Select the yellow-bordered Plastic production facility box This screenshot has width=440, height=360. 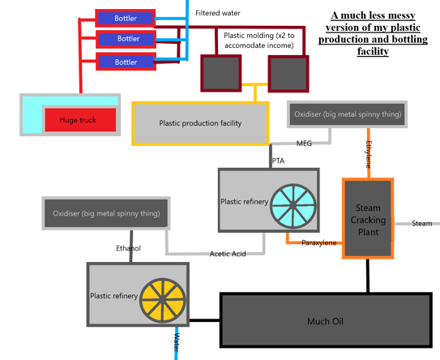point(200,123)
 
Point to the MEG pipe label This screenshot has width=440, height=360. point(304,144)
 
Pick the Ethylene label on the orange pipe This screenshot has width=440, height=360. point(369,154)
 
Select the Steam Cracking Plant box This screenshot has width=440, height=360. point(369,220)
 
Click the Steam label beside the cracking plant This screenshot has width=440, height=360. point(421,224)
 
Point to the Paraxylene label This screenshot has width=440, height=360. point(318,242)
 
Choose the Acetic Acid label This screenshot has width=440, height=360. point(227,254)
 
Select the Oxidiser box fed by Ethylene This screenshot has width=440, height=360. point(347,114)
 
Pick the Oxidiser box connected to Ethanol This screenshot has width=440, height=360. point(105,213)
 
